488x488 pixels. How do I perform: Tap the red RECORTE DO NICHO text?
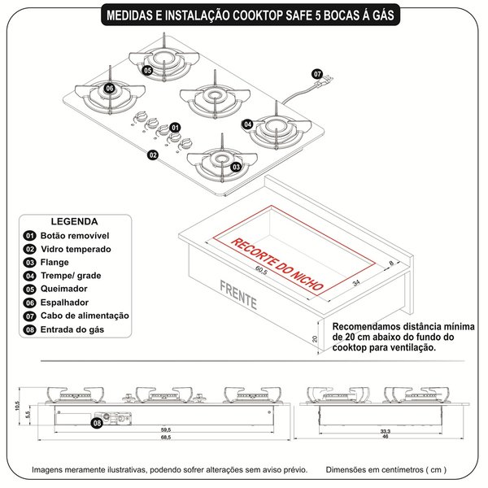(x=277, y=265)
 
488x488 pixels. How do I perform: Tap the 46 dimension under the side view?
(x=384, y=437)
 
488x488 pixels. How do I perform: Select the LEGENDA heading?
(x=75, y=220)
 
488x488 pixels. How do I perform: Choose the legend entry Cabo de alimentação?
(x=89, y=316)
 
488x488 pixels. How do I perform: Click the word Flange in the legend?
(x=56, y=263)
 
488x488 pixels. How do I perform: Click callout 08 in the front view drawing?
(x=97, y=423)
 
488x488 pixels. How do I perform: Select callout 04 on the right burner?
(x=248, y=124)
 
